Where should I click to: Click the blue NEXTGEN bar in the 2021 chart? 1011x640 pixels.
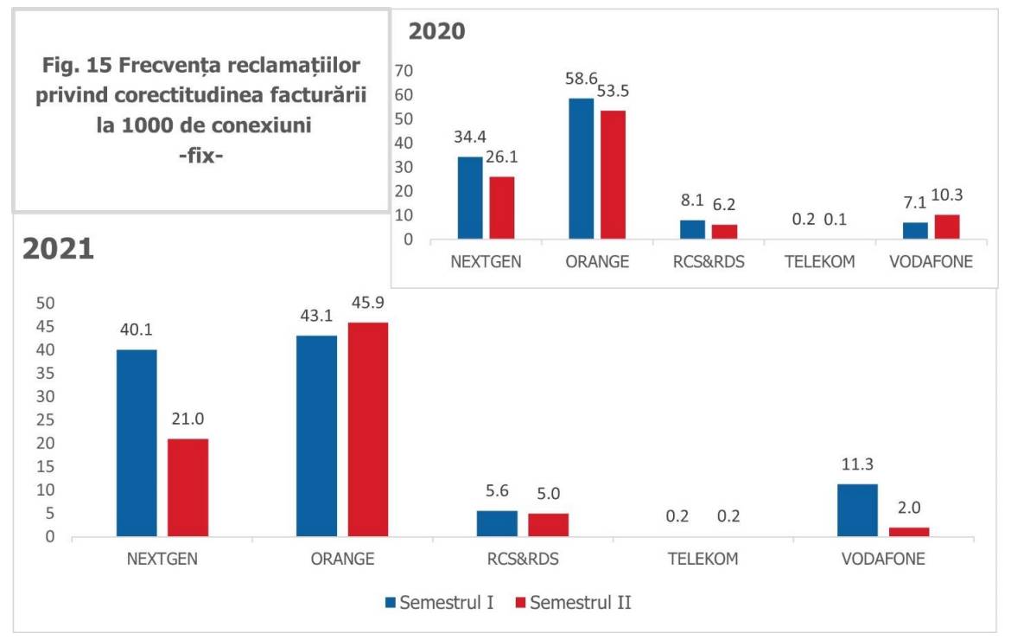coord(137,443)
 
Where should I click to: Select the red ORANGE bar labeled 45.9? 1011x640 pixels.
coord(369,430)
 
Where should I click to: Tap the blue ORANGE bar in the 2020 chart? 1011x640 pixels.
coord(581,169)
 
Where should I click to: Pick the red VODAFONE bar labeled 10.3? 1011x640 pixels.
coord(947,227)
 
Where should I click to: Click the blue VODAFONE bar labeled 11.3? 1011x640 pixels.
coord(856,510)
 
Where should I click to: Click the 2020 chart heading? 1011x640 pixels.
coord(436,32)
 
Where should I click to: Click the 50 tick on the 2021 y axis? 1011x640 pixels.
coord(45,304)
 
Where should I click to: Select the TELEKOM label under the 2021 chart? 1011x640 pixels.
coord(703,559)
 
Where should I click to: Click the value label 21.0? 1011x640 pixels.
coord(188,419)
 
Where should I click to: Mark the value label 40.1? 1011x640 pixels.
coord(137,330)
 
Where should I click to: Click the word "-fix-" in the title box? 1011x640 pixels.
coord(200,157)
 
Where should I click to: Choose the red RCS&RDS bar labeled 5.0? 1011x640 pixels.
coord(548,525)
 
